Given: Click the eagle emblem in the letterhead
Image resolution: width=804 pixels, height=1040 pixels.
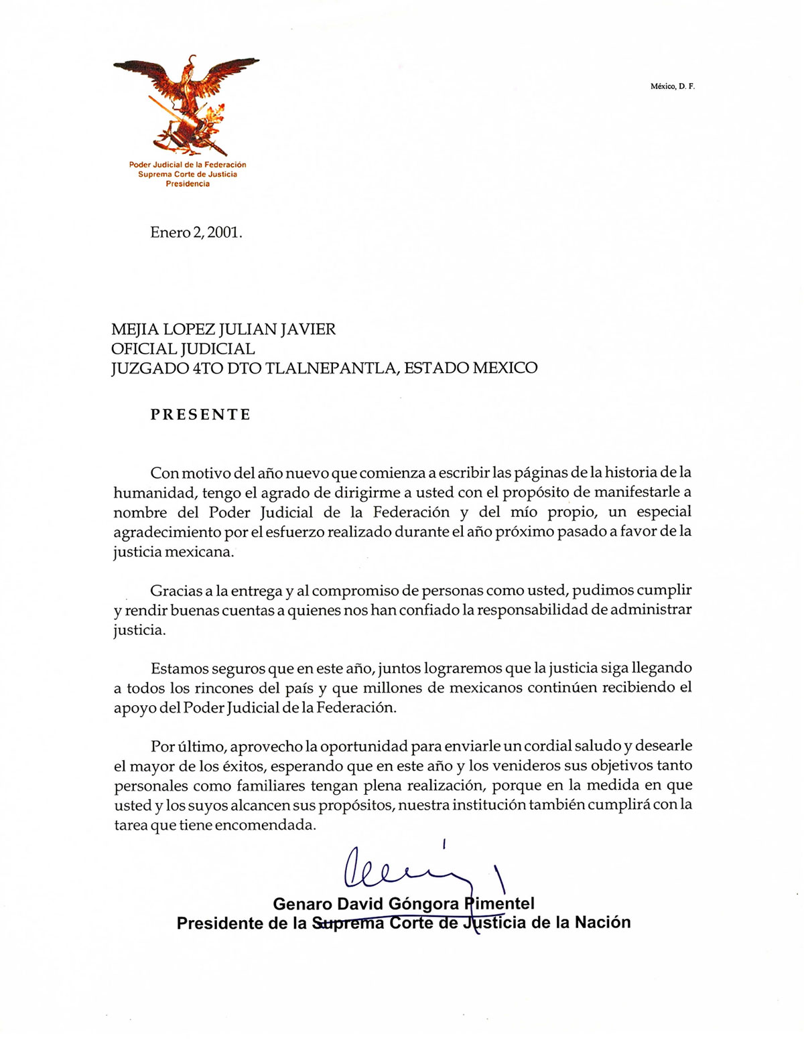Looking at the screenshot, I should pyautogui.click(x=187, y=104).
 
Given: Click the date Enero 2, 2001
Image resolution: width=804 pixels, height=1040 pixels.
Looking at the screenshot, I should pyautogui.click(x=196, y=232).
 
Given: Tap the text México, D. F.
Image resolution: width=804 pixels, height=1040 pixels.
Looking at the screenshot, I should pyautogui.click(x=672, y=86).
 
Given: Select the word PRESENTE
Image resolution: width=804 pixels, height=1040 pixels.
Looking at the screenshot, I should pyautogui.click(x=200, y=415).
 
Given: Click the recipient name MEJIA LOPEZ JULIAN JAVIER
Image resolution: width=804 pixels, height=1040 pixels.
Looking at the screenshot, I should pyautogui.click(x=223, y=329).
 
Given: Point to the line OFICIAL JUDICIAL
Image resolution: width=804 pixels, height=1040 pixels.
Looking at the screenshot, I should pyautogui.click(x=183, y=349).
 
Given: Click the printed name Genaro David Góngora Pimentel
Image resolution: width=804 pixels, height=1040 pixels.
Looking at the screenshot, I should pyautogui.click(x=403, y=904).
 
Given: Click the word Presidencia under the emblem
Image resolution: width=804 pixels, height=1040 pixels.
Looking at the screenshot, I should pyautogui.click(x=188, y=184).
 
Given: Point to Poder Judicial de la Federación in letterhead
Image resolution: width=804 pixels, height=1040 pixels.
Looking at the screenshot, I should pyautogui.click(x=188, y=165).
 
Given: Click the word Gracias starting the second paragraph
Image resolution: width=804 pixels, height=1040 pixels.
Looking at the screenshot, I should pyautogui.click(x=175, y=591).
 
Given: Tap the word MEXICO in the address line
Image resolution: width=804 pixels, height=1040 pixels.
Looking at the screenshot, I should pyautogui.click(x=505, y=368).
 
